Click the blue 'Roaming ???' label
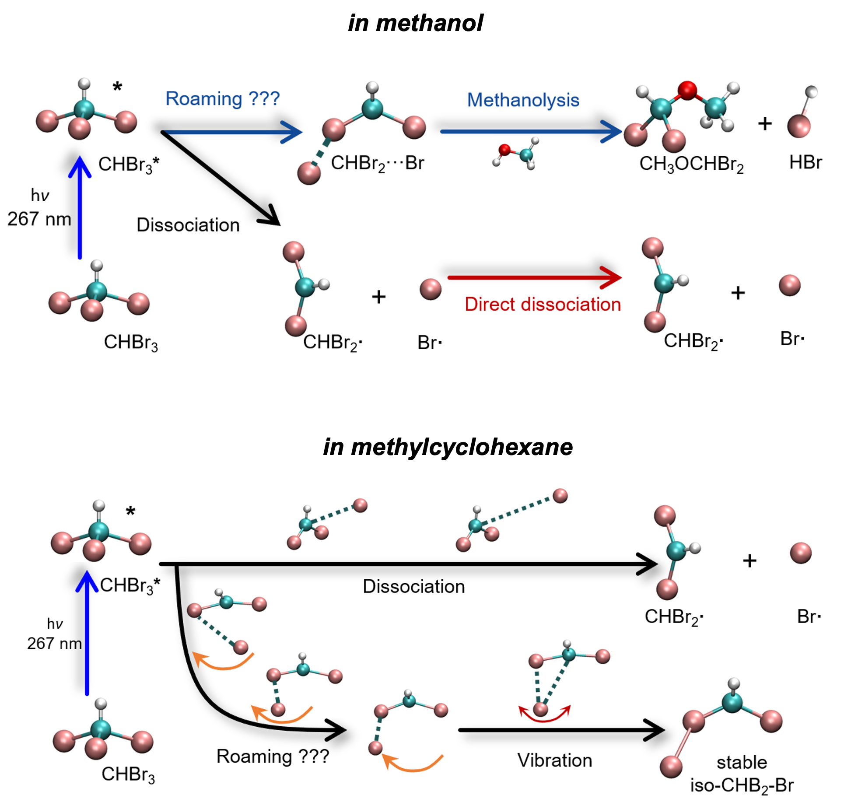pyautogui.click(x=222, y=99)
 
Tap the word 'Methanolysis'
pyautogui.click(x=523, y=100)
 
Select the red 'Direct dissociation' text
pyautogui.click(x=543, y=304)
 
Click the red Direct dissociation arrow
pyautogui.click(x=534, y=277)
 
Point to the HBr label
pyautogui.click(x=805, y=163)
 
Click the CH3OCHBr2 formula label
pyautogui.click(x=691, y=165)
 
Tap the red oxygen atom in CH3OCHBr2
pyautogui.click(x=687, y=90)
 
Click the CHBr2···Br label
pyautogui.click(x=377, y=164)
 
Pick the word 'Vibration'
pyautogui.click(x=554, y=760)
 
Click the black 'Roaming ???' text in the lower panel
pyautogui.click(x=273, y=756)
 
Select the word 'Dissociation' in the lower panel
pyautogui.click(x=413, y=586)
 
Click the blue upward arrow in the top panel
pyautogui.click(x=80, y=206)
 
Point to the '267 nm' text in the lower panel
pyautogui.click(x=54, y=643)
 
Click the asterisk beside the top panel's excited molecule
pyautogui.click(x=117, y=87)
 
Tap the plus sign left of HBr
pyautogui.click(x=765, y=124)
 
